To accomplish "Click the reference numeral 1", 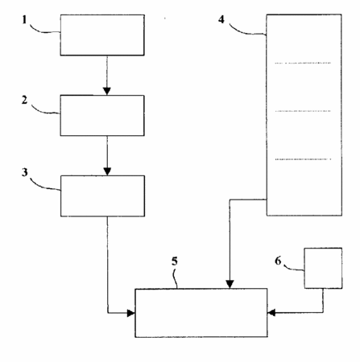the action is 25,19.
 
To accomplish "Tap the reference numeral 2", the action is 24,100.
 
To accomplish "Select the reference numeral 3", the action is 25,172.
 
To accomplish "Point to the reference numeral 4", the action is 221,19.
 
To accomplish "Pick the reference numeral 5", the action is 175,261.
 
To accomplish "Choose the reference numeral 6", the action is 278,261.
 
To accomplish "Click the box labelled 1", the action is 102,35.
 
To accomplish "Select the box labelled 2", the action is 102,115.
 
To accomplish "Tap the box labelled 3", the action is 102,196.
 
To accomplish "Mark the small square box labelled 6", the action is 323,268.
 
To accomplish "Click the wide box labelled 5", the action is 201,313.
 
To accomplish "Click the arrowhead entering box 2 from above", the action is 107,91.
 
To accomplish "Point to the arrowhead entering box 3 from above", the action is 107,171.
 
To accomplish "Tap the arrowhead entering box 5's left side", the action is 131,313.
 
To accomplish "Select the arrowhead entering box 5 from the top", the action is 230,285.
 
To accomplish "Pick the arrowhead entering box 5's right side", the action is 271,313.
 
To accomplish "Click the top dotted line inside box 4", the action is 303,64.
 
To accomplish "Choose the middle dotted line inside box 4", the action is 303,111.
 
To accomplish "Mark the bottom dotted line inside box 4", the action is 303,159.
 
